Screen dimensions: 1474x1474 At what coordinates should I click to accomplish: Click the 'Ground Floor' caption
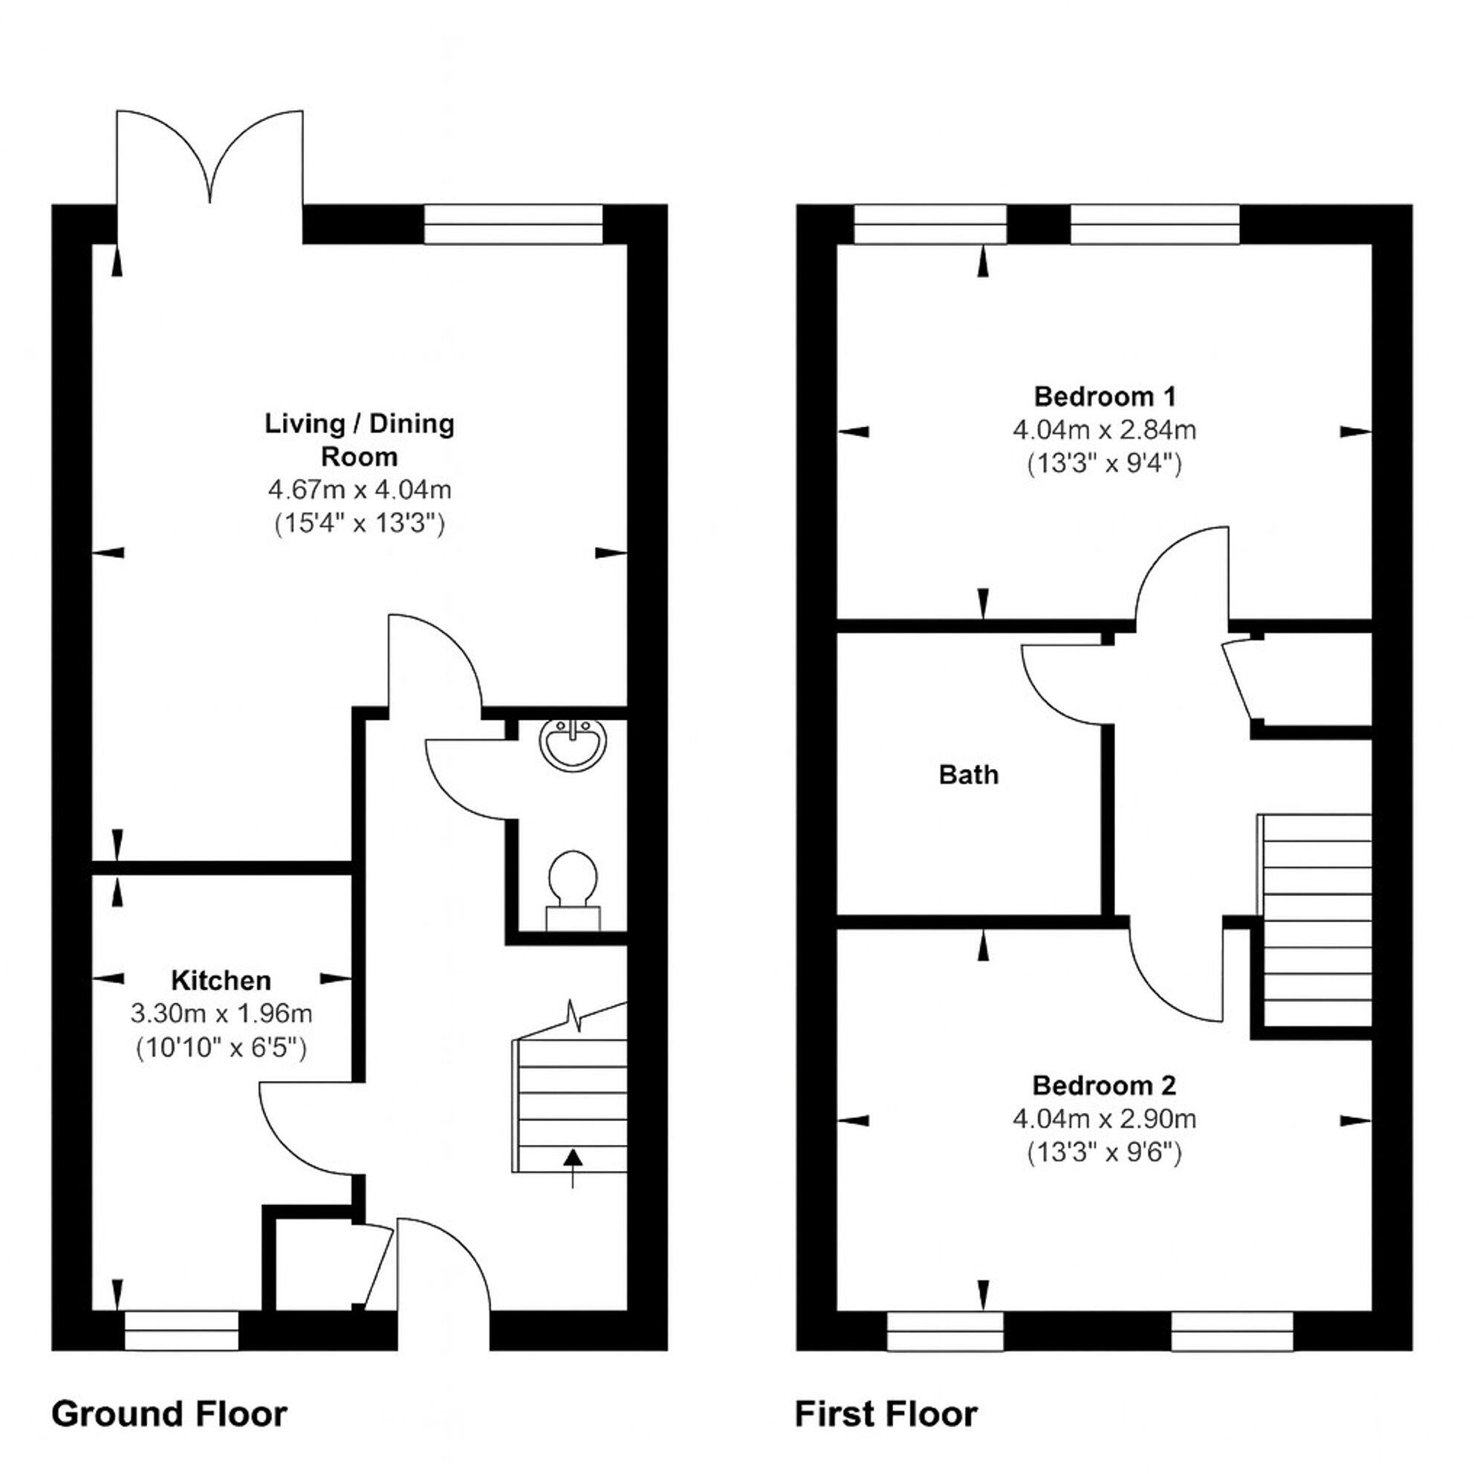point(169,1414)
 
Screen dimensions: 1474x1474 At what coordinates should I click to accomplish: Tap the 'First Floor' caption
point(886,1414)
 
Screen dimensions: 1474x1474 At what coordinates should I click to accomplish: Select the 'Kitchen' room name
point(221,981)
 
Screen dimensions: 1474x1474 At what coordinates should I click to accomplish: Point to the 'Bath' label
point(968,775)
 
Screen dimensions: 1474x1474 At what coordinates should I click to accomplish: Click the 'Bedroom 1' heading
point(1104,397)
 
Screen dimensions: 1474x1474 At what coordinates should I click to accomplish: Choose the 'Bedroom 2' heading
point(1104,1085)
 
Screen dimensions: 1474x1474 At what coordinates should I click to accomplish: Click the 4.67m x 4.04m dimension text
point(360,490)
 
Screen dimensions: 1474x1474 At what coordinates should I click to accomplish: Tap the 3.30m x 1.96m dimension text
point(221,1014)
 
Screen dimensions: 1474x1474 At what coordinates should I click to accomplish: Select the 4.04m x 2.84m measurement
point(1104,430)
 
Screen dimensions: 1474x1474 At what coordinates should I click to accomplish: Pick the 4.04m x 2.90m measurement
point(1104,1119)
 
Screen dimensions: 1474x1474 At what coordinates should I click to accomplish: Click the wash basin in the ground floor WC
point(574,742)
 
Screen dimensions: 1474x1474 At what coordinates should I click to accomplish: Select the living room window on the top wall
point(513,224)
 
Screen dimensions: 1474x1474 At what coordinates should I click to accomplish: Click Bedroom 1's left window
point(930,224)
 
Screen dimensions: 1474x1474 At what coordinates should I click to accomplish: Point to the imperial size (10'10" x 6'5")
point(221,1048)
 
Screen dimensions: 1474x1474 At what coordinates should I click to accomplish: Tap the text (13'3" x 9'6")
point(1104,1153)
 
